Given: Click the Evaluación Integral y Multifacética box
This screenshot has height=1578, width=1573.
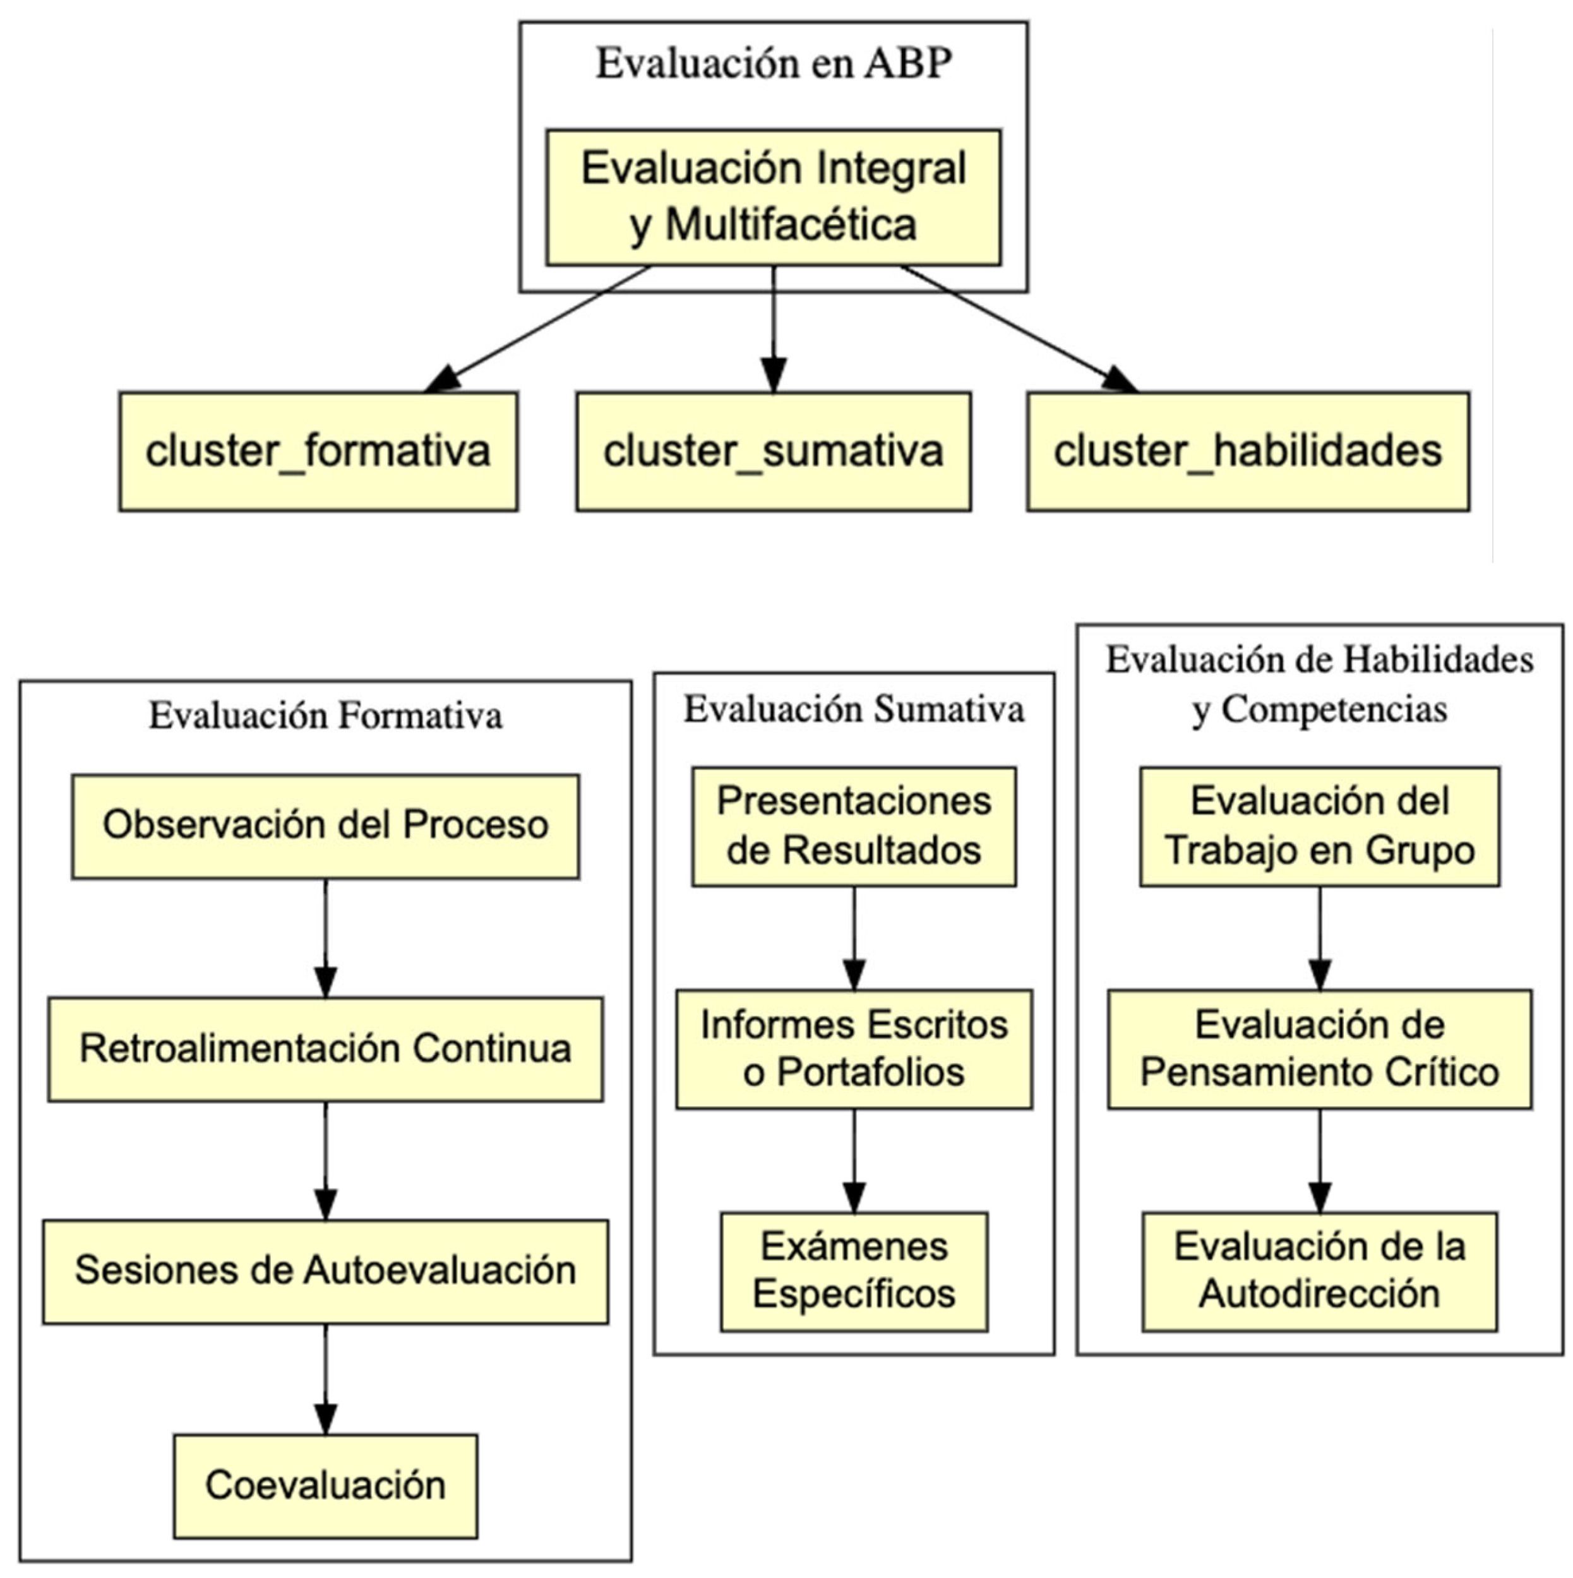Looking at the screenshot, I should tap(773, 197).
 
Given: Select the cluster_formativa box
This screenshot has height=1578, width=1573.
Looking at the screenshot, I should tap(318, 451).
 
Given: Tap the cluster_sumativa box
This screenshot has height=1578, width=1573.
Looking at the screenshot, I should tap(773, 451).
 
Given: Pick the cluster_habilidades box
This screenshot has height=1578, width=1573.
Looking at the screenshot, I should tap(1247, 451).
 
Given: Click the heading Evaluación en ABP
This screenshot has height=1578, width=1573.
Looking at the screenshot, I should tap(773, 64).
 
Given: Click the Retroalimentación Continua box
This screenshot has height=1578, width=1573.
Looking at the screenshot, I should tap(325, 1049).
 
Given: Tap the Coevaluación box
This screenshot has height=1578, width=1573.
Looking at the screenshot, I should tap(325, 1486).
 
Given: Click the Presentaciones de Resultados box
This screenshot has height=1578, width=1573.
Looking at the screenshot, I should tap(854, 826).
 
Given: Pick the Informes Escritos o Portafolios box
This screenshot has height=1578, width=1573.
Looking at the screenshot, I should tap(854, 1049).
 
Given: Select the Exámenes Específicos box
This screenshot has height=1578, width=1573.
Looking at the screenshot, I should tap(854, 1271).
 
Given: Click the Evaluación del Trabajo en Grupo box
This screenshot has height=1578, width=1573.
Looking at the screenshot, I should tap(1319, 826).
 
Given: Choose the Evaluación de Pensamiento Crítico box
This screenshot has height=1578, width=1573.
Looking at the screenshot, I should tap(1319, 1049).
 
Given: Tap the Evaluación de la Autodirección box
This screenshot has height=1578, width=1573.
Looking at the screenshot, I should tap(1319, 1271).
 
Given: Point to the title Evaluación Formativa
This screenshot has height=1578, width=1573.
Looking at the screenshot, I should tap(325, 715).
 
